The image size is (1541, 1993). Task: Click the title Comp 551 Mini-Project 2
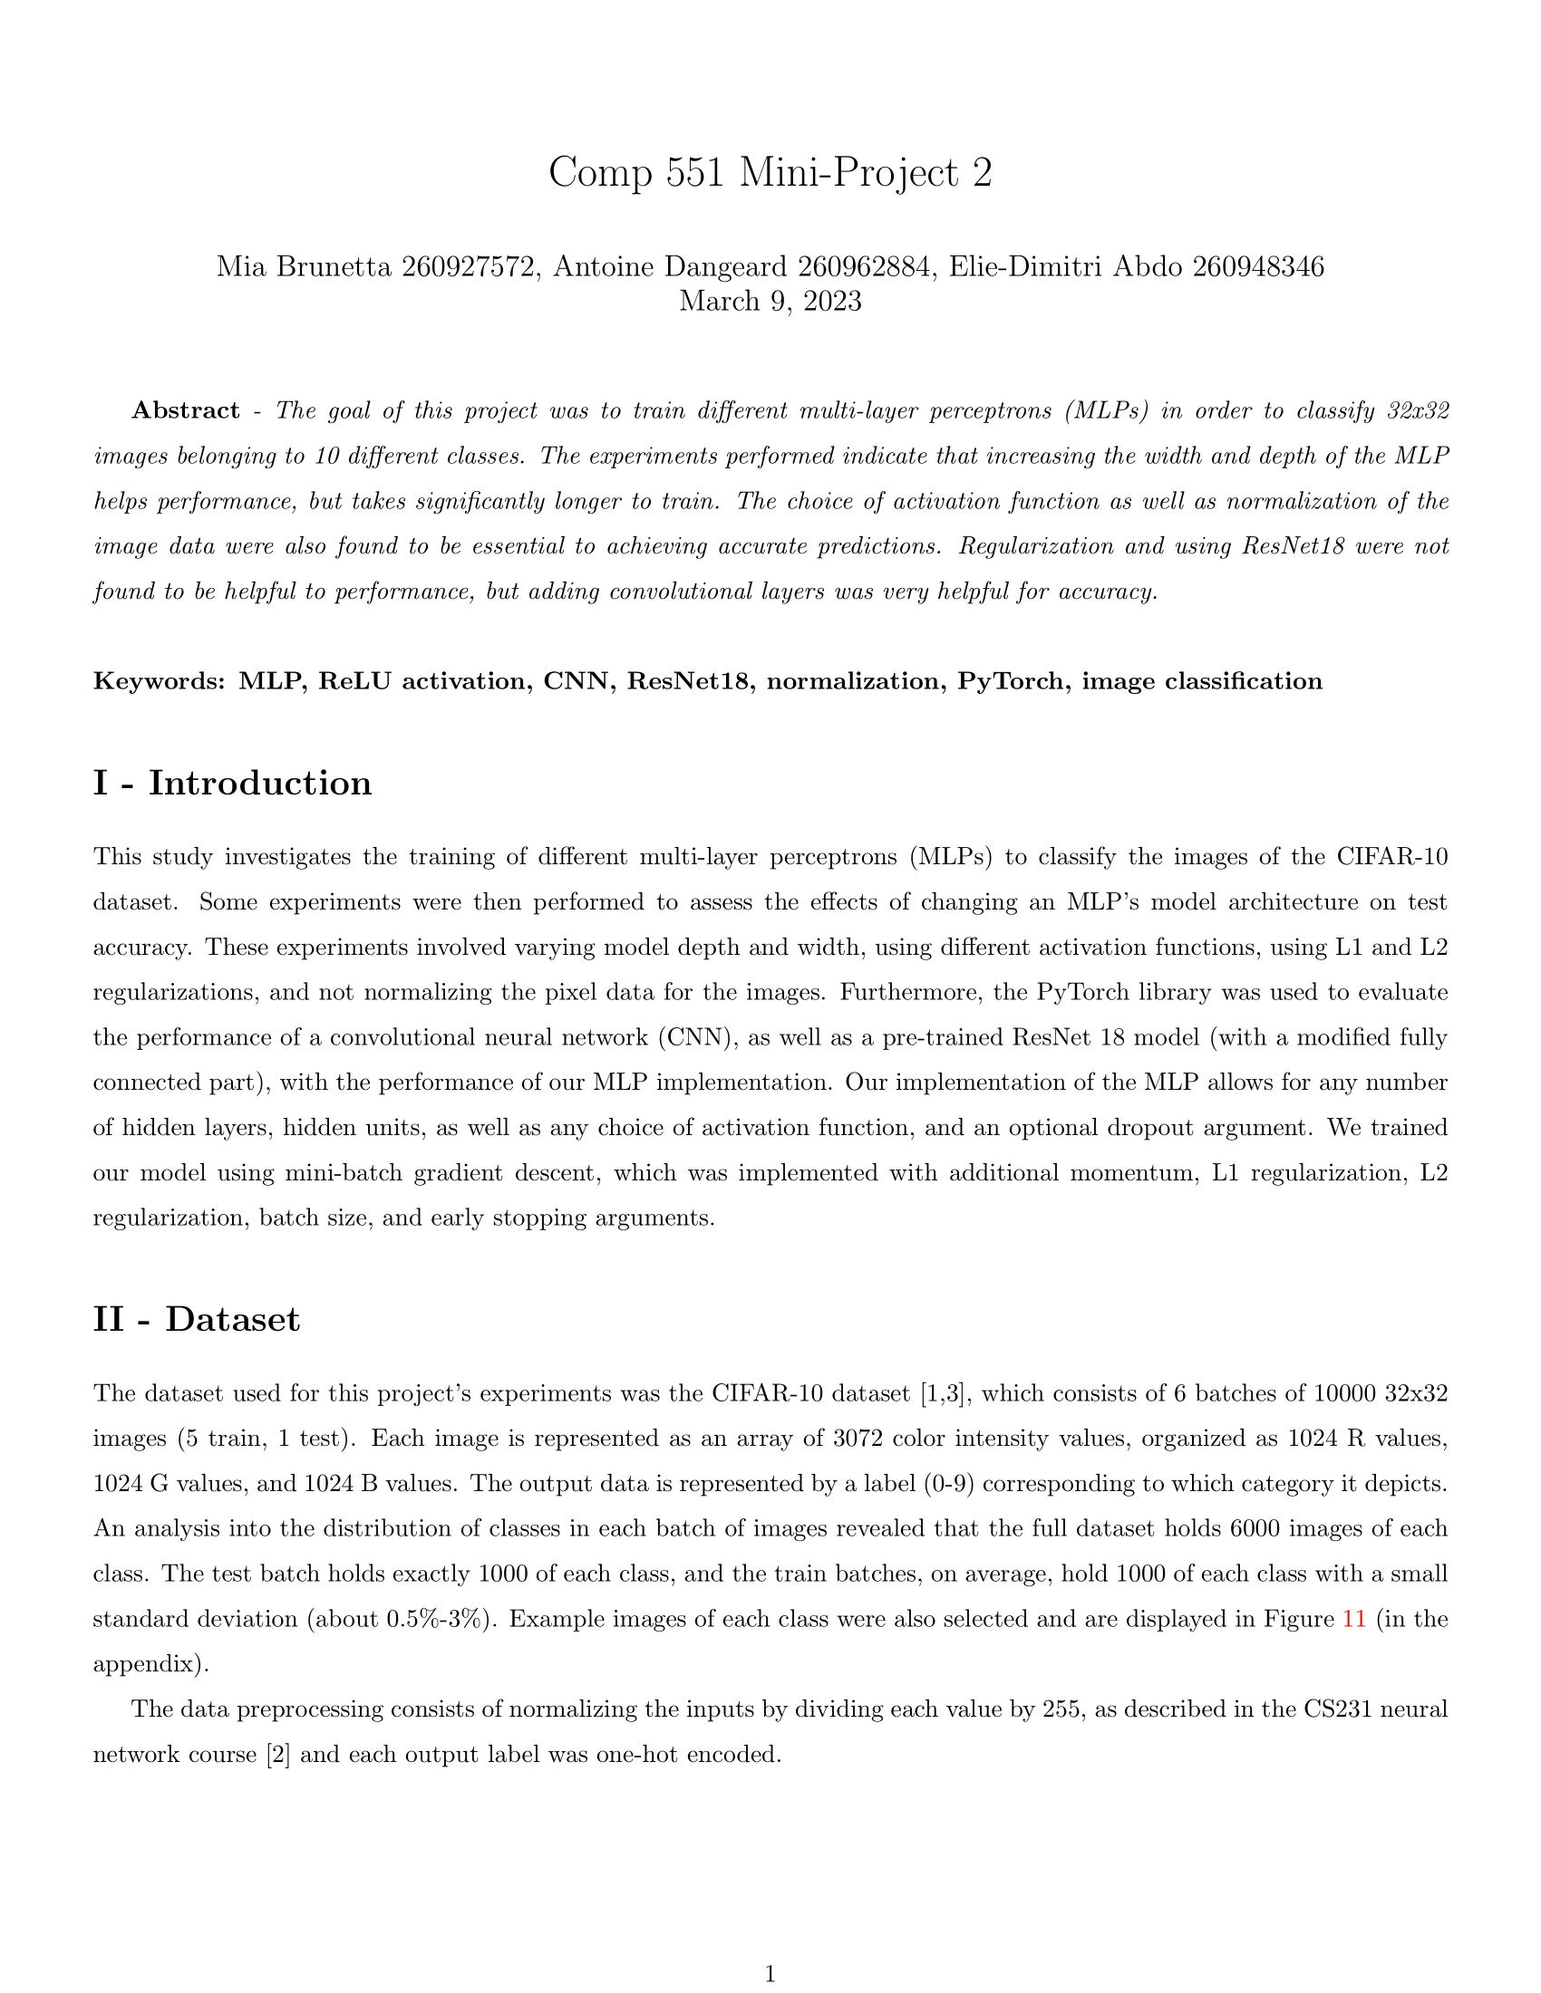(x=770, y=172)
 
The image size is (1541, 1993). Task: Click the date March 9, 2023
(x=770, y=301)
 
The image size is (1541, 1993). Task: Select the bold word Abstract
(x=186, y=410)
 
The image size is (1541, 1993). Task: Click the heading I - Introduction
(x=233, y=783)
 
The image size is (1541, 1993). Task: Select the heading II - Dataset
(x=197, y=1320)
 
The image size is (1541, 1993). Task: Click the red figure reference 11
(x=1354, y=1620)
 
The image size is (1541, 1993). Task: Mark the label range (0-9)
(x=945, y=1484)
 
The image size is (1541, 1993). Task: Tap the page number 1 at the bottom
(x=770, y=1975)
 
